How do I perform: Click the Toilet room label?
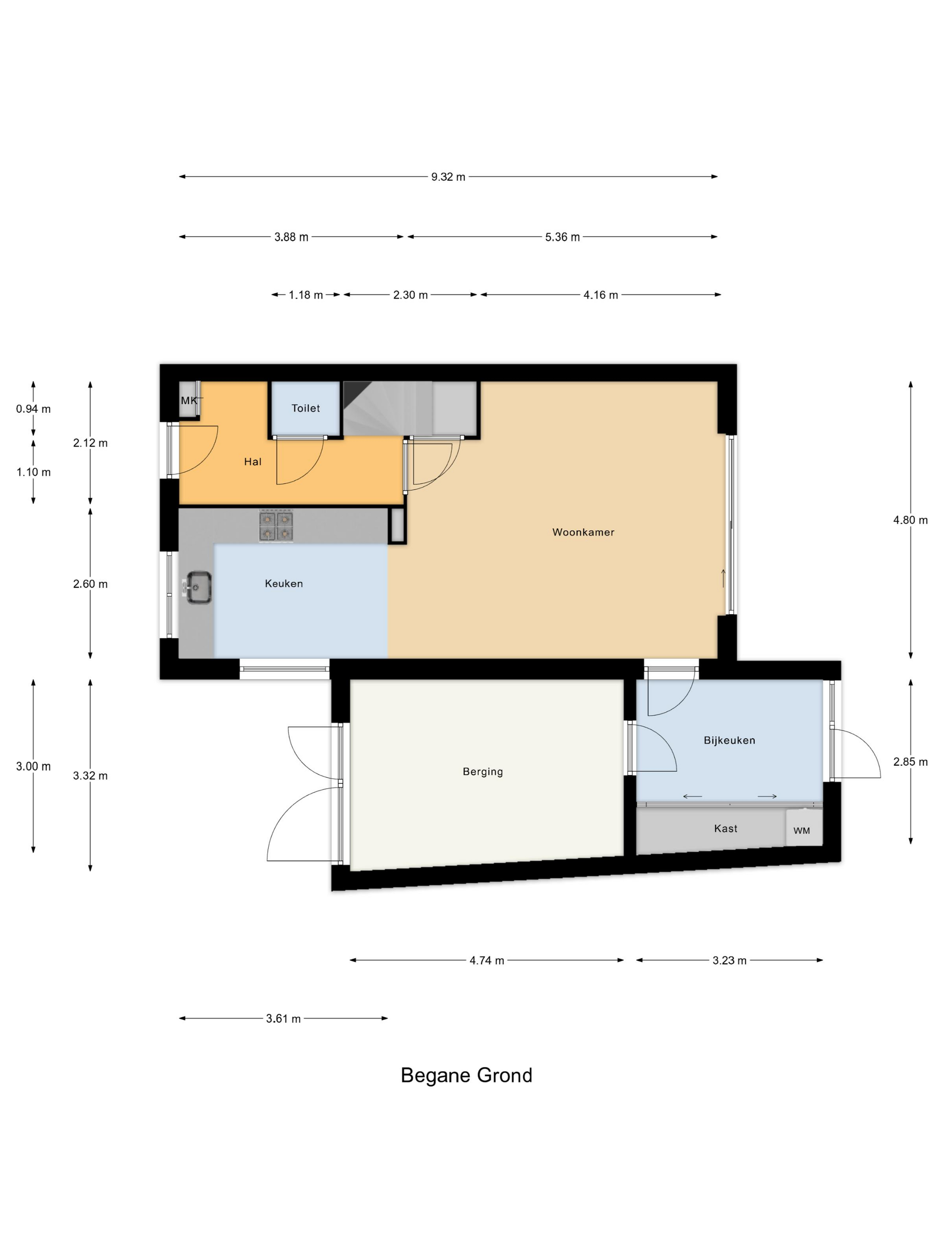point(306,408)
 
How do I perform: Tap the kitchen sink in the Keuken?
point(199,587)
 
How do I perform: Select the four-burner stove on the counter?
point(276,525)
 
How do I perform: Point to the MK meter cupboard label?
point(189,401)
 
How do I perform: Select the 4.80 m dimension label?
point(910,520)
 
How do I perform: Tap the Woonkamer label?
point(583,532)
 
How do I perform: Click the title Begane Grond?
point(466,1075)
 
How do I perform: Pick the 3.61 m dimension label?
point(283,1018)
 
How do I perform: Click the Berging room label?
point(482,772)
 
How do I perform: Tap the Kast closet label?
point(726,829)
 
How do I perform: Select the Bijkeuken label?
point(729,741)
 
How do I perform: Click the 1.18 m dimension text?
point(306,295)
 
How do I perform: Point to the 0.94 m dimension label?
point(33,409)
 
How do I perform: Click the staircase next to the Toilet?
point(387,409)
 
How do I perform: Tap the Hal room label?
point(253,462)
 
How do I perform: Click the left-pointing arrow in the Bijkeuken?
point(692,796)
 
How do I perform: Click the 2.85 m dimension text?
point(910,762)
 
